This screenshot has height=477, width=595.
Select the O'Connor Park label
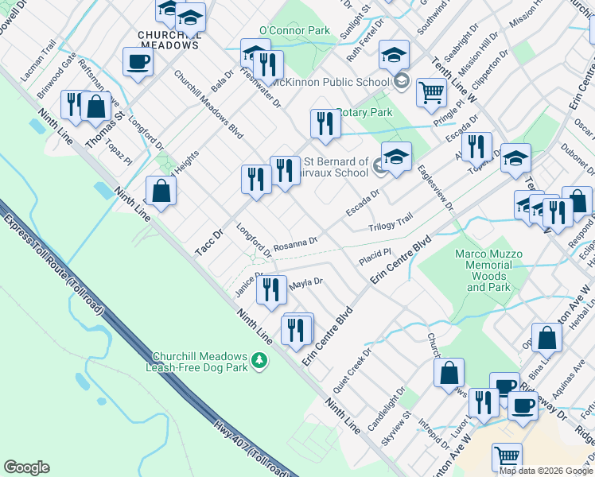click(x=294, y=30)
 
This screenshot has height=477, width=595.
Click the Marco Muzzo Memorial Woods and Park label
click(x=488, y=270)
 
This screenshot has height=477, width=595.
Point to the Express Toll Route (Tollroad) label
click(x=52, y=263)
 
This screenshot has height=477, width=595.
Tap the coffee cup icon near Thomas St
click(x=138, y=62)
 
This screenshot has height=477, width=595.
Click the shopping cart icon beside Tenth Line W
click(x=430, y=91)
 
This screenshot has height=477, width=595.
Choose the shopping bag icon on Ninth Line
click(x=161, y=191)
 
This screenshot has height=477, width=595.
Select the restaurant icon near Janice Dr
click(x=271, y=289)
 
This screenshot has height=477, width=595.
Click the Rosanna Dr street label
click(x=296, y=242)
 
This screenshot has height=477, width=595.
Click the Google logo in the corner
click(x=26, y=467)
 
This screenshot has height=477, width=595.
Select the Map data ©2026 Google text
click(x=546, y=471)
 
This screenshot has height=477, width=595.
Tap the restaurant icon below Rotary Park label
click(x=325, y=123)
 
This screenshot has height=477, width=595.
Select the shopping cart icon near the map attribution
click(x=507, y=457)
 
